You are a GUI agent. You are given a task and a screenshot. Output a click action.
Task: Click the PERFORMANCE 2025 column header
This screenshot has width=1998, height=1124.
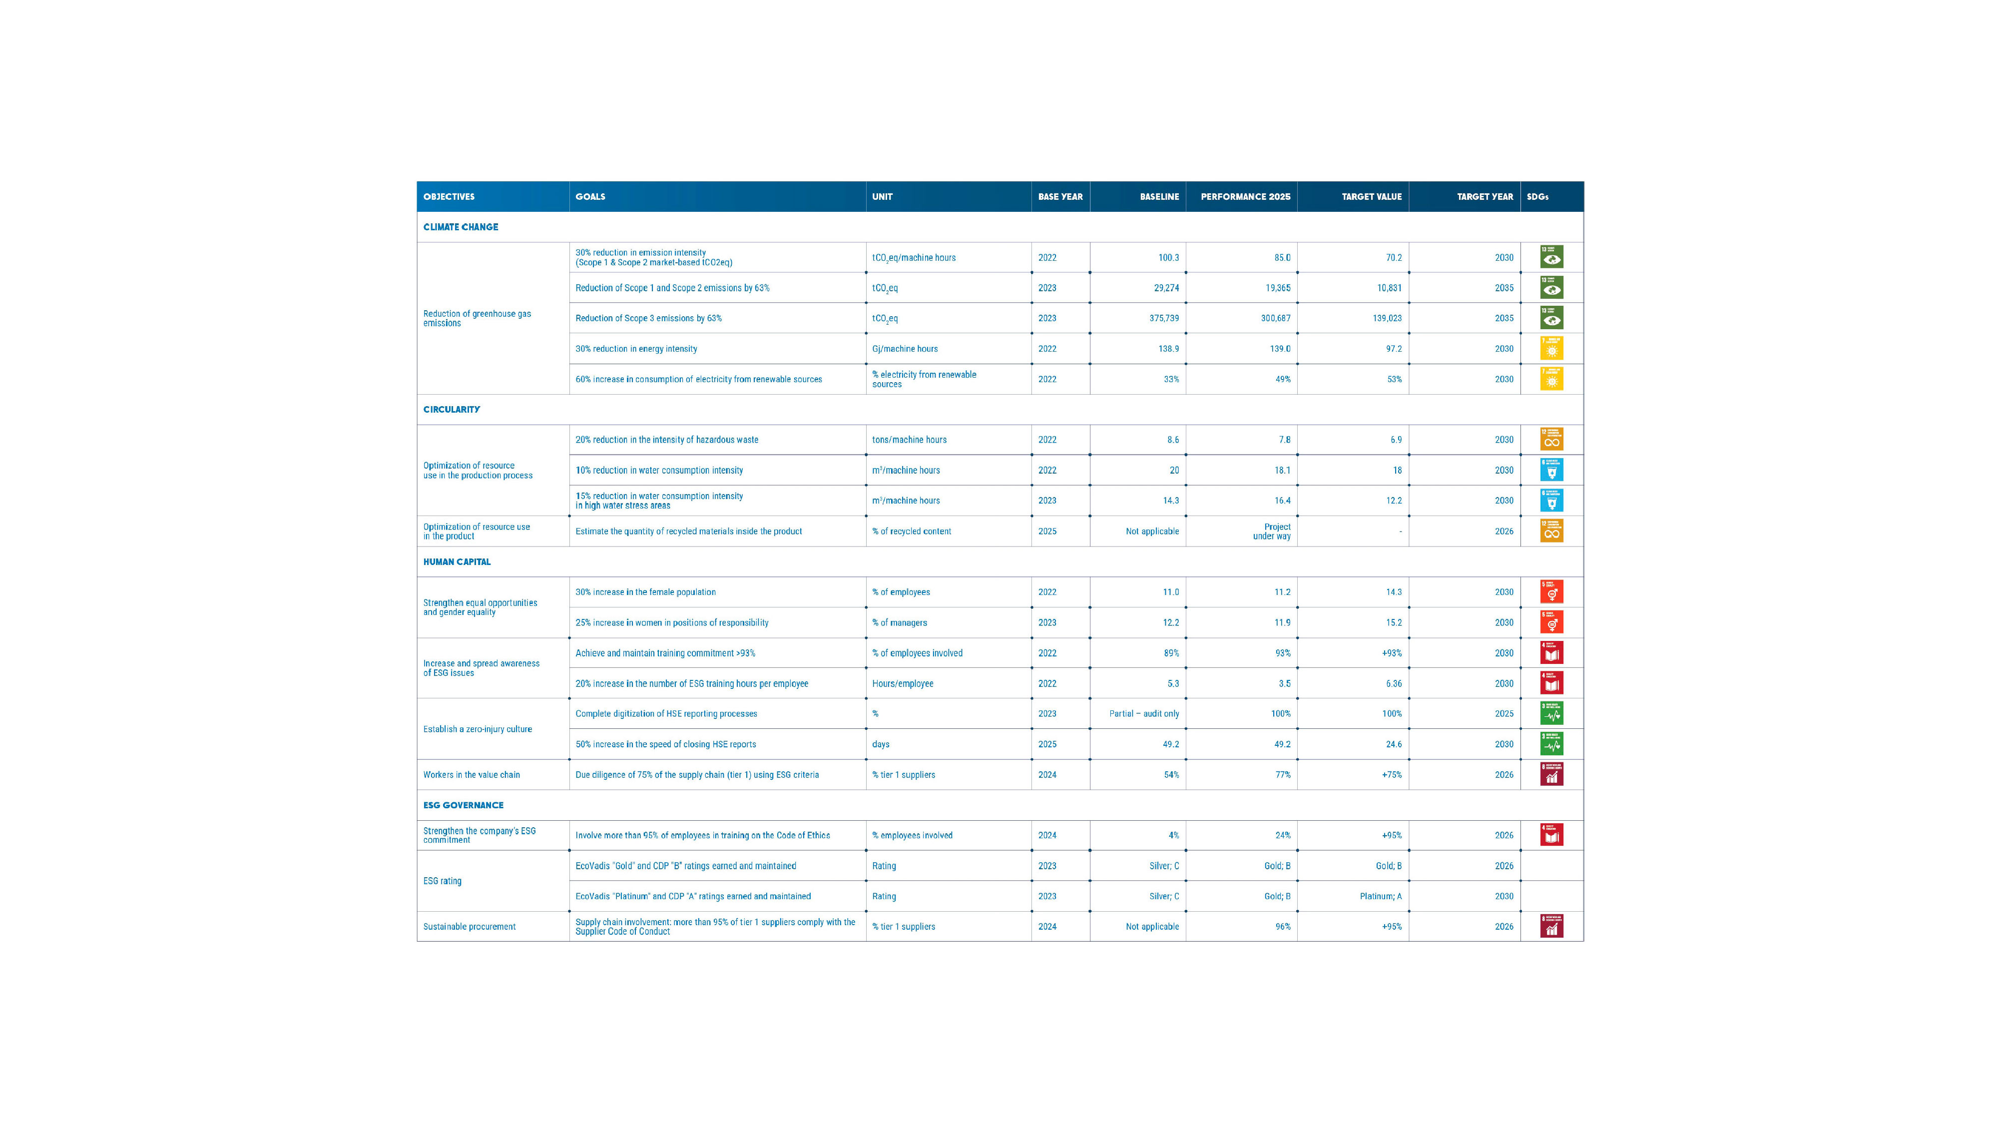click(1245, 197)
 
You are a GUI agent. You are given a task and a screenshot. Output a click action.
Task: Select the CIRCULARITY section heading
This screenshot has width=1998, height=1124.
click(452, 410)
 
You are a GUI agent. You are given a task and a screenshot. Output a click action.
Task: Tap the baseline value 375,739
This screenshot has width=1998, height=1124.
click(1163, 318)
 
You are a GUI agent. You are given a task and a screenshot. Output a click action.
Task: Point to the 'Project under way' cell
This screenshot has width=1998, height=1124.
click(1272, 532)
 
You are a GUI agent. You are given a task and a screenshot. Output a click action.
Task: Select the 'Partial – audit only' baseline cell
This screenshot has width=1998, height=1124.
click(1143, 714)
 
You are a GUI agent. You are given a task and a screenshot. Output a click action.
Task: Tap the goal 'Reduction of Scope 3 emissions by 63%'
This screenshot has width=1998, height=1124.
click(648, 318)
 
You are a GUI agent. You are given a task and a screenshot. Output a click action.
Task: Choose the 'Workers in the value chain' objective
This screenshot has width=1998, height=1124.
click(472, 775)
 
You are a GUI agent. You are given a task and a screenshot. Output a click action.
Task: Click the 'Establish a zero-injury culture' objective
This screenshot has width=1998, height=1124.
click(477, 729)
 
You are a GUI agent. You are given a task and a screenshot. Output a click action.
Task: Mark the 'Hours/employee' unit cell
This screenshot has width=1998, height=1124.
click(902, 683)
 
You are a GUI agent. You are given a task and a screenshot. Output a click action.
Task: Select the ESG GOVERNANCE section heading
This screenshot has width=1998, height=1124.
click(463, 805)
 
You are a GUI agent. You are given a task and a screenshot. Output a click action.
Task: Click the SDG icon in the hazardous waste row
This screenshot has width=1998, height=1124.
click(1551, 440)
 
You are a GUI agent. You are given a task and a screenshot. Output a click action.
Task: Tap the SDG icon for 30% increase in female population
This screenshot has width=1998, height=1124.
click(1551, 592)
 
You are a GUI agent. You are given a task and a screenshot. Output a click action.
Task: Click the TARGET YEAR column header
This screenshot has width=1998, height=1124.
click(1485, 197)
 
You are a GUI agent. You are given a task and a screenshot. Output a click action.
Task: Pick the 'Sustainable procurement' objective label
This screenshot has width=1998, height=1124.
click(469, 927)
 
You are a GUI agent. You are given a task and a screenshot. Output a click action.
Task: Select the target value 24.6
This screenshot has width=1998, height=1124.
click(1393, 744)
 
